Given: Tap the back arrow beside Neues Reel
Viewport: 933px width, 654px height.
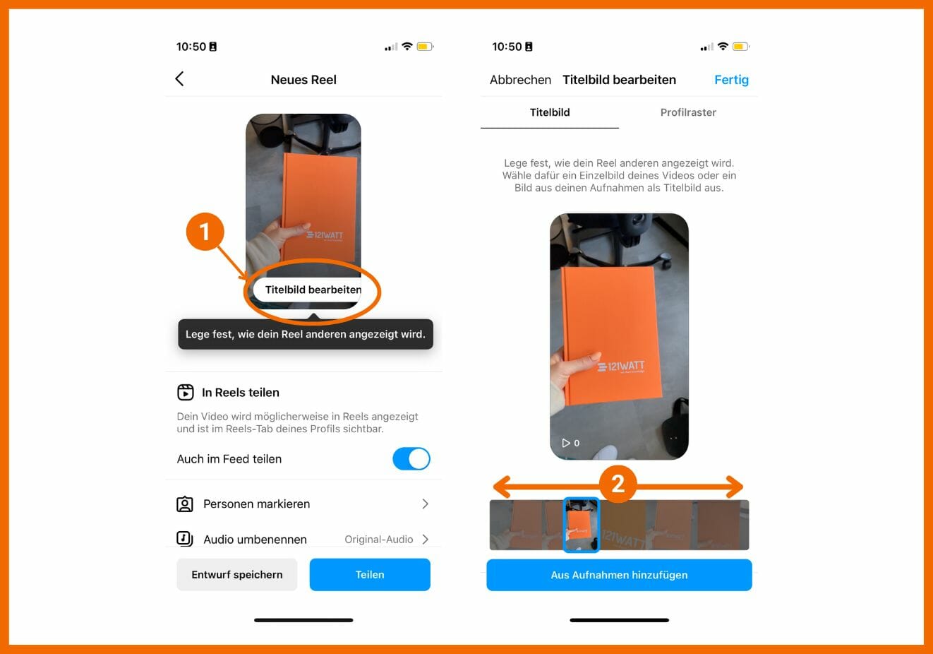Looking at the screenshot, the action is click(179, 78).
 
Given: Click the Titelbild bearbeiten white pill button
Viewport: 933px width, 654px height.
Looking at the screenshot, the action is click(308, 290).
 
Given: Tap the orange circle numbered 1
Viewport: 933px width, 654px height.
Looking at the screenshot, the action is click(205, 232).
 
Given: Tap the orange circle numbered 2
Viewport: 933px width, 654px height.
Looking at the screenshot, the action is click(618, 484).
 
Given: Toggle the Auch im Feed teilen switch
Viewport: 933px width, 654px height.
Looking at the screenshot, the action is click(411, 458).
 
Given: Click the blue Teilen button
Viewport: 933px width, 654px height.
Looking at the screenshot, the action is click(369, 574).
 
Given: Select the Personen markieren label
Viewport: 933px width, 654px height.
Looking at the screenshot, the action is click(257, 504).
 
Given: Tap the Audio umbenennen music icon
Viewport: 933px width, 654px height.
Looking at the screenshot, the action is click(184, 539).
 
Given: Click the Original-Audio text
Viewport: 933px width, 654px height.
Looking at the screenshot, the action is click(378, 540).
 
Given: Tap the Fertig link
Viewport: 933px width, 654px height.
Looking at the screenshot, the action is click(731, 80).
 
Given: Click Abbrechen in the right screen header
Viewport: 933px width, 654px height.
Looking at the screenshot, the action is click(520, 80).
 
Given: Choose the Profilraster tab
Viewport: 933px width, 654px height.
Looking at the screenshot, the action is click(688, 112).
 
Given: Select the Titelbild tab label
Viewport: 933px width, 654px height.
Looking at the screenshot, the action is click(550, 112).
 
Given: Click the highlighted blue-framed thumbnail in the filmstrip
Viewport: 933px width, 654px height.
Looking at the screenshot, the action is click(581, 525).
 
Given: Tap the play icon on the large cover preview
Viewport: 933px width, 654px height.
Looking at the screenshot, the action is click(565, 443).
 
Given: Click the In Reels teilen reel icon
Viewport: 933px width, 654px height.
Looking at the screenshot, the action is click(186, 392).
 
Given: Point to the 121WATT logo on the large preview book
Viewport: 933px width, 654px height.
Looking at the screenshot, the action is click(620, 367).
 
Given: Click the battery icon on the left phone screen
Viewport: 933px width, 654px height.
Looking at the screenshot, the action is click(426, 47).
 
